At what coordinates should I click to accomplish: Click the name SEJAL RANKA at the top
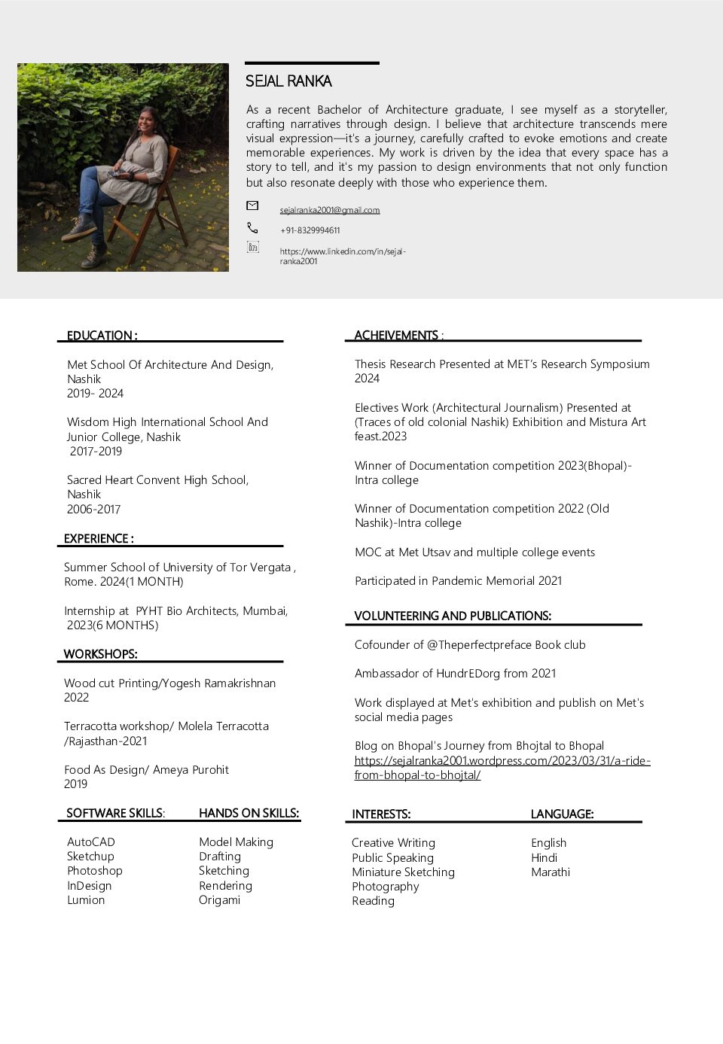click(288, 81)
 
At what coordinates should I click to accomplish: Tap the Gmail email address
click(330, 210)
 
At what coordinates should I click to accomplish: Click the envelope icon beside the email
click(252, 205)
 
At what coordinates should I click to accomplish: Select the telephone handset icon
click(252, 227)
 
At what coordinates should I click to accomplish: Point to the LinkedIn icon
click(253, 247)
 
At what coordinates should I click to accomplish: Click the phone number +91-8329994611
click(310, 230)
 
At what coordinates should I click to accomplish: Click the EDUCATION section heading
click(102, 336)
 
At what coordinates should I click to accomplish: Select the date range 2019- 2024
click(95, 394)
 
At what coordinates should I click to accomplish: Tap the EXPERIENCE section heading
click(99, 539)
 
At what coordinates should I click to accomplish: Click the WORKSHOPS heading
click(100, 654)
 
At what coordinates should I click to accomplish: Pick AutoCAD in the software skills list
click(91, 842)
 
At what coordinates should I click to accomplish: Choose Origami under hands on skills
click(219, 900)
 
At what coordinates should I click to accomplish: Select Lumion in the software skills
click(86, 900)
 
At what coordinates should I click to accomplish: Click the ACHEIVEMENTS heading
click(397, 336)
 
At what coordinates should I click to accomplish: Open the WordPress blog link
click(502, 768)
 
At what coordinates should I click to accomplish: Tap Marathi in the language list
click(551, 872)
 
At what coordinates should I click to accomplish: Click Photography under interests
click(386, 887)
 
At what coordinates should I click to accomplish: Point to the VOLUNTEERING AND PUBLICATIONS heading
click(453, 616)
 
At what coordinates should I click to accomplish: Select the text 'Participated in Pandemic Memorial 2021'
click(459, 581)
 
